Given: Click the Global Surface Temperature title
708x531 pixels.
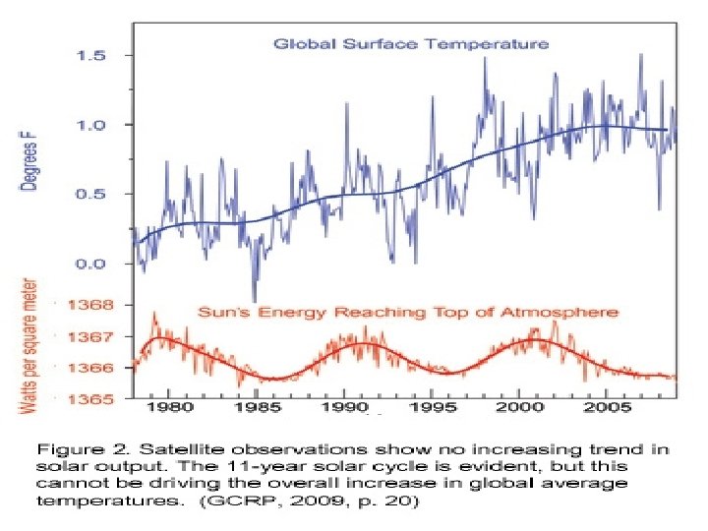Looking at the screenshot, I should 411,44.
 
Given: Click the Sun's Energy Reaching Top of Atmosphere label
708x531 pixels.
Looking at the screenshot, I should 409,312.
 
